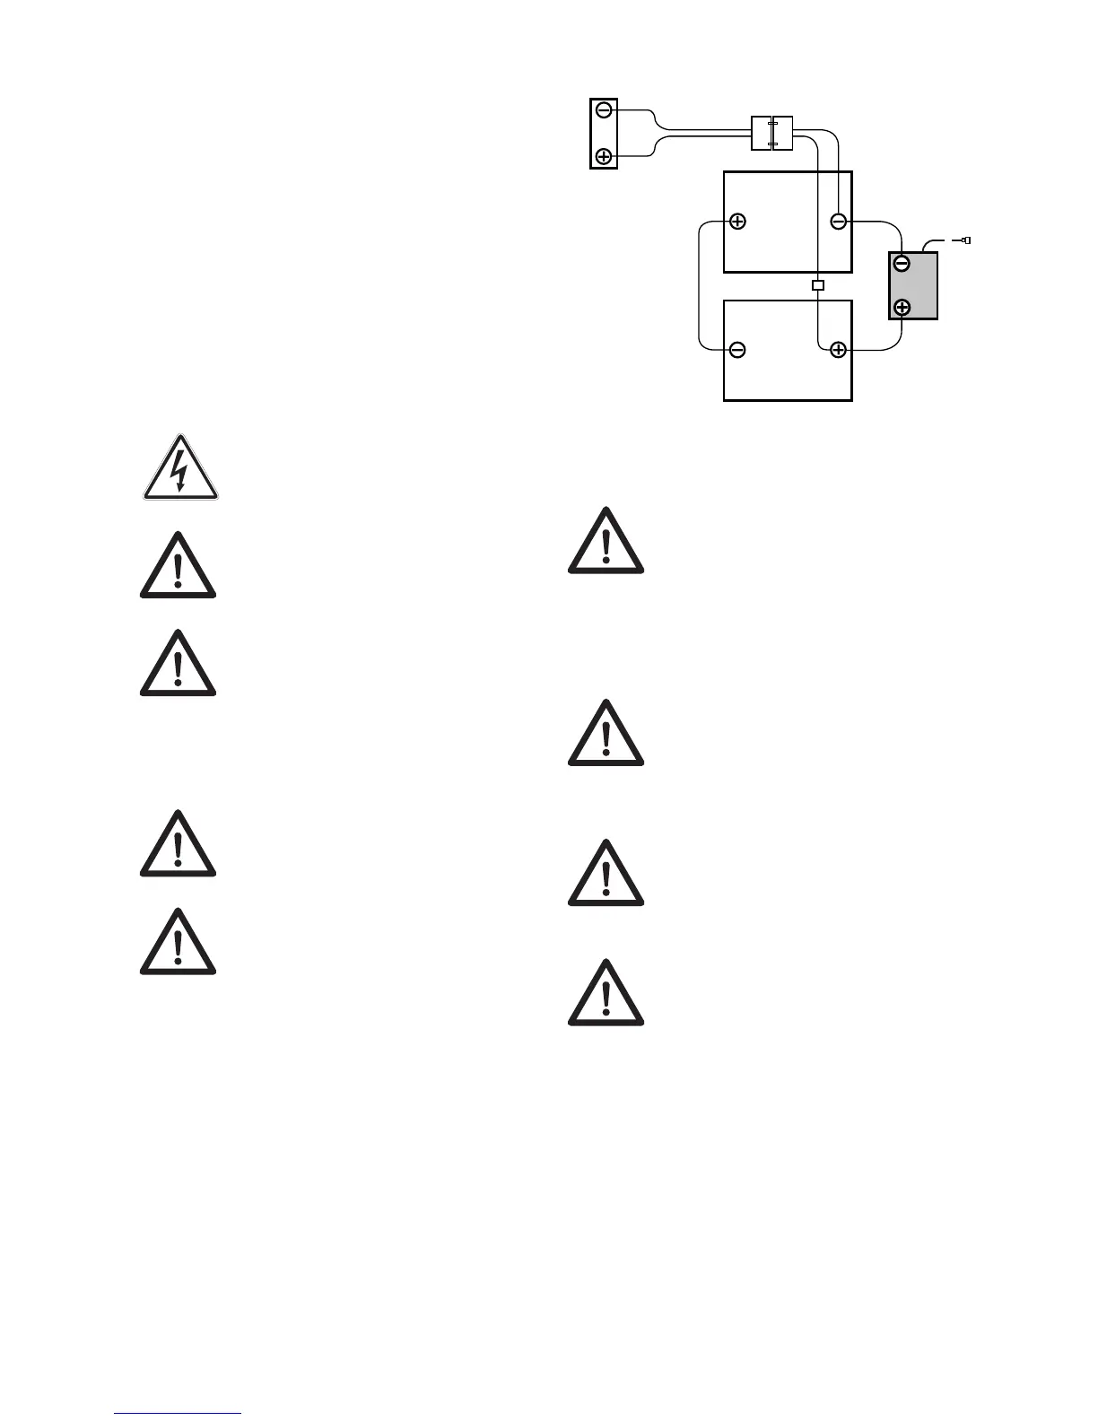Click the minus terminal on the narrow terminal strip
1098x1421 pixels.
pos(604,110)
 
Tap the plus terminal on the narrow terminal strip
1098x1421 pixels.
pos(604,156)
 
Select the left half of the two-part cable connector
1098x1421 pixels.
pos(761,134)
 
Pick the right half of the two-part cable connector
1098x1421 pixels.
pos(782,134)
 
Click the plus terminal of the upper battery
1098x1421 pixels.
pos(737,221)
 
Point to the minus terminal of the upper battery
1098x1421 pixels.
pos(838,221)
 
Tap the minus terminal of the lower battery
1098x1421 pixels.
pos(737,350)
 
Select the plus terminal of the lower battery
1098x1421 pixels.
pos(838,350)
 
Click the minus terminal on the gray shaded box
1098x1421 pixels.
pos(902,265)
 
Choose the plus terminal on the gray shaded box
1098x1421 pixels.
pos(902,308)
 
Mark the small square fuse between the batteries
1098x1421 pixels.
pos(817,285)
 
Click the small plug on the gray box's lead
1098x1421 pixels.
pos(965,240)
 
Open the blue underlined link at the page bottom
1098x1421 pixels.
pos(178,1414)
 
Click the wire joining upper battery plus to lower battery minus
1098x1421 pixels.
pos(699,285)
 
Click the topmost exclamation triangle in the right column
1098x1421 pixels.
pos(606,543)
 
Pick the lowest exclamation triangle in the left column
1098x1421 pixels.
pos(179,944)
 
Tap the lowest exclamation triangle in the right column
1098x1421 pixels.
pos(606,996)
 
